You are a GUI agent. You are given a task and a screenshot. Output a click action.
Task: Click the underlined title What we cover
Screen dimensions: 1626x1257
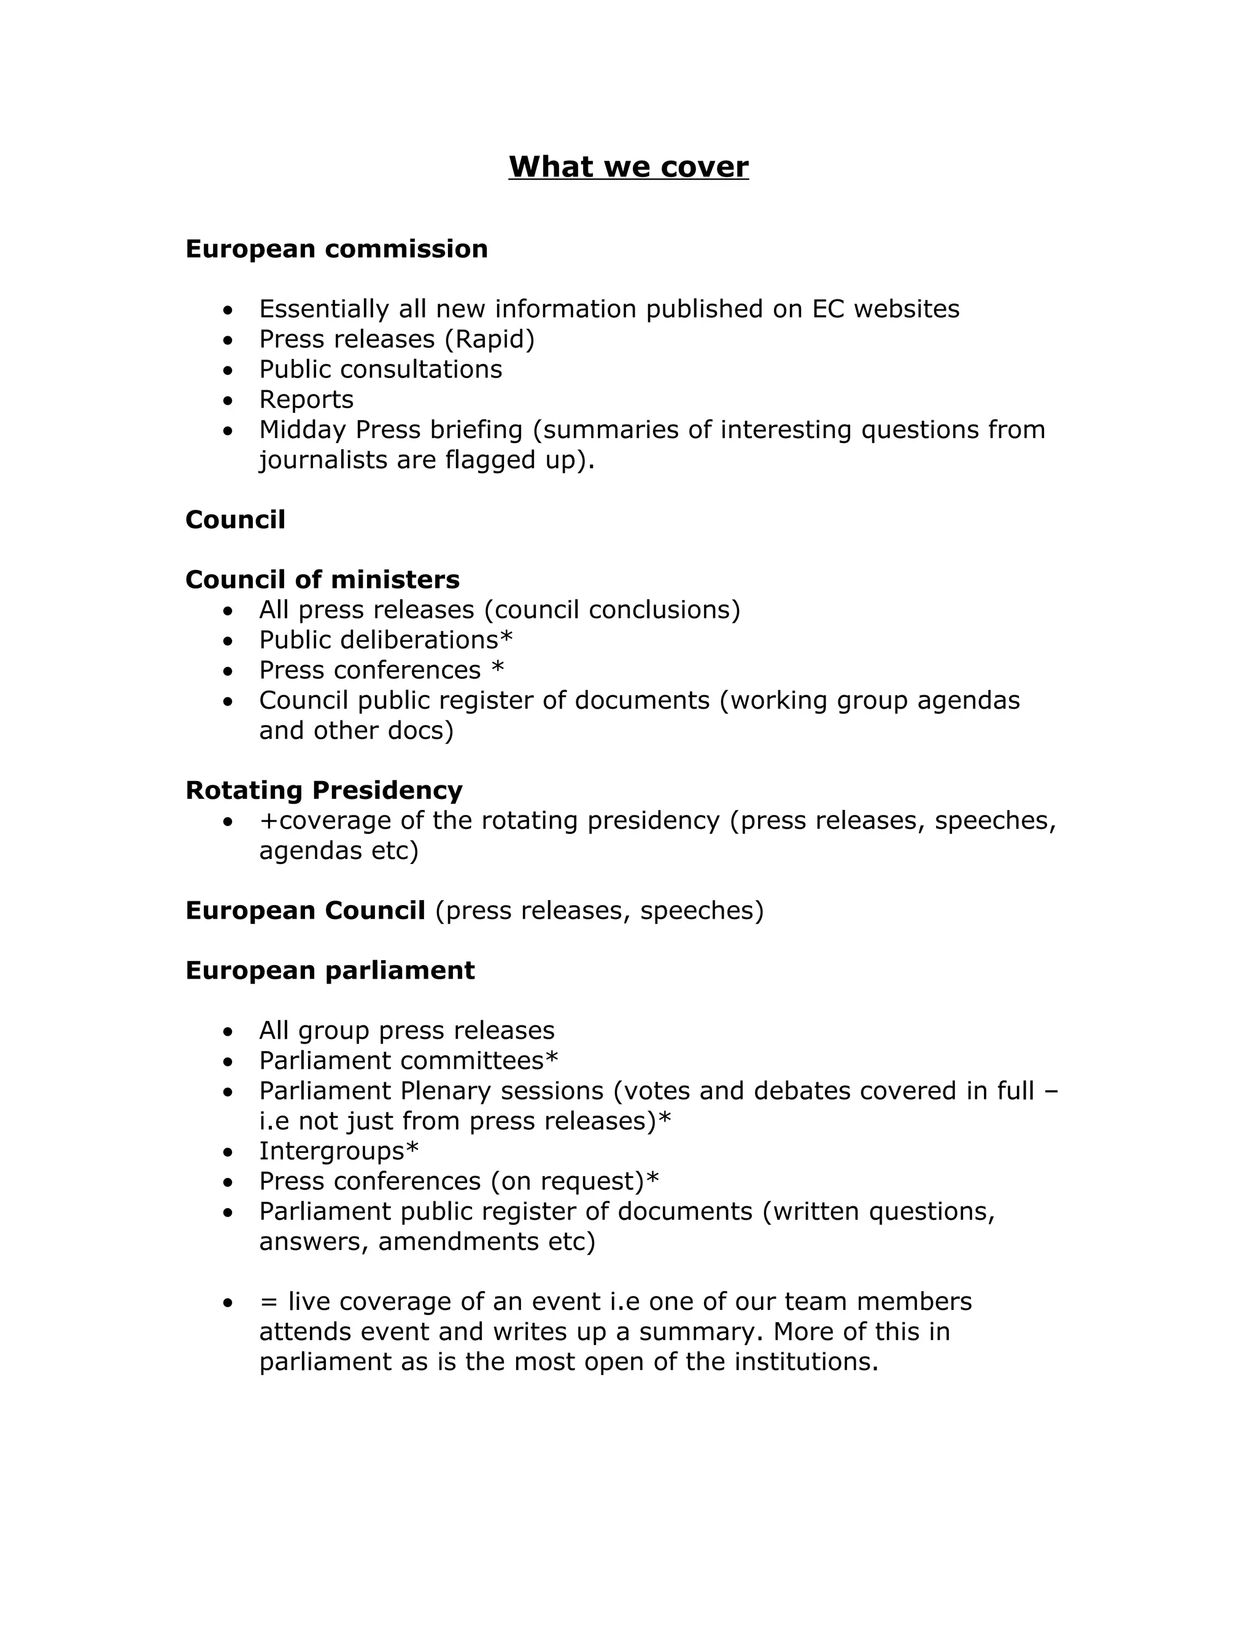tap(628, 167)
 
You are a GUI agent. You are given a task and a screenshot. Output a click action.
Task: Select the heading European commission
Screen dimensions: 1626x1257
tap(336, 249)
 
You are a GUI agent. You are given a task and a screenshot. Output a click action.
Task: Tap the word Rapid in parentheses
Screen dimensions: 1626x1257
tap(489, 339)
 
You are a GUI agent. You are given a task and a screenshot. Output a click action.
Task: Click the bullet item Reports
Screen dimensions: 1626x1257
tap(306, 400)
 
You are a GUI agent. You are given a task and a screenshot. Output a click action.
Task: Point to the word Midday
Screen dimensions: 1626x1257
tap(303, 430)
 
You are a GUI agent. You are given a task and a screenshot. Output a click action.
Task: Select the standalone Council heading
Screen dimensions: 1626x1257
tap(235, 520)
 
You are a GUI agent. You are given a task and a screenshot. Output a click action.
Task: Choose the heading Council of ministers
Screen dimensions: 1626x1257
tap(322, 579)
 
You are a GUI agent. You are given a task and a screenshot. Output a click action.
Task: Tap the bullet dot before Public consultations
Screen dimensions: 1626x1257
tap(228, 370)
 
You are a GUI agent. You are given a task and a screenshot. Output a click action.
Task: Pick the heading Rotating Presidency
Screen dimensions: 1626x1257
tap(324, 790)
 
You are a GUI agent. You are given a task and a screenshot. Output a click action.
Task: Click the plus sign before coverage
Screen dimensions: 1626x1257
tap(268, 821)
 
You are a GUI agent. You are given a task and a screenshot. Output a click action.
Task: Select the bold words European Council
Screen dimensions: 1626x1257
tap(305, 911)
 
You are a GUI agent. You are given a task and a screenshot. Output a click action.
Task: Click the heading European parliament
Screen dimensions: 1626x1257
tap(330, 970)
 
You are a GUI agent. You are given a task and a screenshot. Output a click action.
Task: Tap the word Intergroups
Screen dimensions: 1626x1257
tap(331, 1151)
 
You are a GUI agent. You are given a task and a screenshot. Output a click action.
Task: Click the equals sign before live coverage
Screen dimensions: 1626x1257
tap(268, 1302)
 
